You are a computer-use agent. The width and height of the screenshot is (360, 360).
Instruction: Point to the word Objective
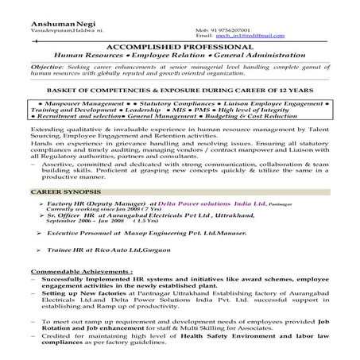[46, 67]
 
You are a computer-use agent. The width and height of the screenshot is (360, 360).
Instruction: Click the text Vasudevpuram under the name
[47, 30]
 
